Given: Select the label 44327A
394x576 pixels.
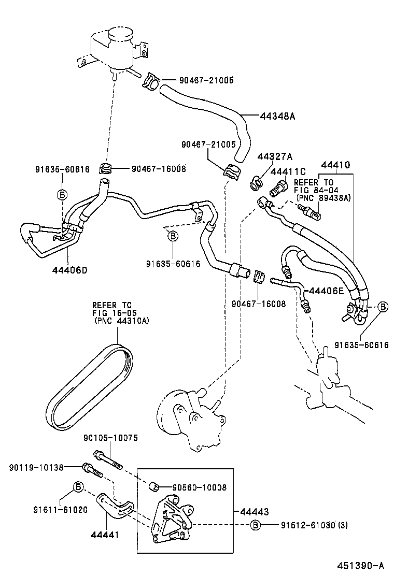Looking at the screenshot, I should point(275,156).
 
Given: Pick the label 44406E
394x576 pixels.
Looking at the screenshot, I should point(327,291).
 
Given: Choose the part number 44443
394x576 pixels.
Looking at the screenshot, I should point(254,512).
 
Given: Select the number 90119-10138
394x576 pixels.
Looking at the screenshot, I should point(36,468).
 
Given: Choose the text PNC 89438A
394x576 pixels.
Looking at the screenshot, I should point(323,198).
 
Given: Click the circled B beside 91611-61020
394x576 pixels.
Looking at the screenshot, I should point(78,487).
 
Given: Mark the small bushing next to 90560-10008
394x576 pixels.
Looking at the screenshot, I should point(153,486).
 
